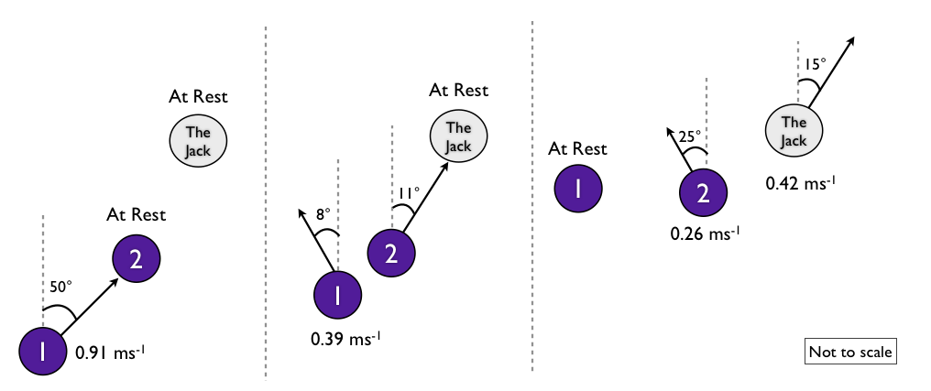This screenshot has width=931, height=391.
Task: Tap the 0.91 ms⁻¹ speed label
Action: click(107, 352)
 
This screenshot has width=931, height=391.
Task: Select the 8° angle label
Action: click(322, 213)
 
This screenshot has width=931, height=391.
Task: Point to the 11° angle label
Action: click(409, 192)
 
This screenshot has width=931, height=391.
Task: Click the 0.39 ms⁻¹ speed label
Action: click(345, 339)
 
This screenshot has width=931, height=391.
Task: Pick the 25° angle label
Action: click(689, 135)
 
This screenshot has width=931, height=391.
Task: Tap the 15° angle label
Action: click(816, 64)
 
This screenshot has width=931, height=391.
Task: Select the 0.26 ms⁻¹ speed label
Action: click(705, 234)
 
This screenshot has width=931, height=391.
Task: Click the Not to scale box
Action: click(849, 351)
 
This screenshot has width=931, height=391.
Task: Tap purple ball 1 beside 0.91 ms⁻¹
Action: click(43, 351)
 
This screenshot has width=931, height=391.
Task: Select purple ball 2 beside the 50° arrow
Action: click(136, 259)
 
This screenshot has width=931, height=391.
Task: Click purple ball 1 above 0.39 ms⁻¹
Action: click(337, 295)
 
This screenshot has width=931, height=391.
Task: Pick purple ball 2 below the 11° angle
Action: click(391, 253)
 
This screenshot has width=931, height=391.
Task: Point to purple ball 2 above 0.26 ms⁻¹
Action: click(703, 193)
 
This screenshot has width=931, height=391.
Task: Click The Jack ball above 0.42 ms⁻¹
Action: click(794, 130)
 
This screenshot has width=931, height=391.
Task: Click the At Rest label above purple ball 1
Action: click(577, 148)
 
